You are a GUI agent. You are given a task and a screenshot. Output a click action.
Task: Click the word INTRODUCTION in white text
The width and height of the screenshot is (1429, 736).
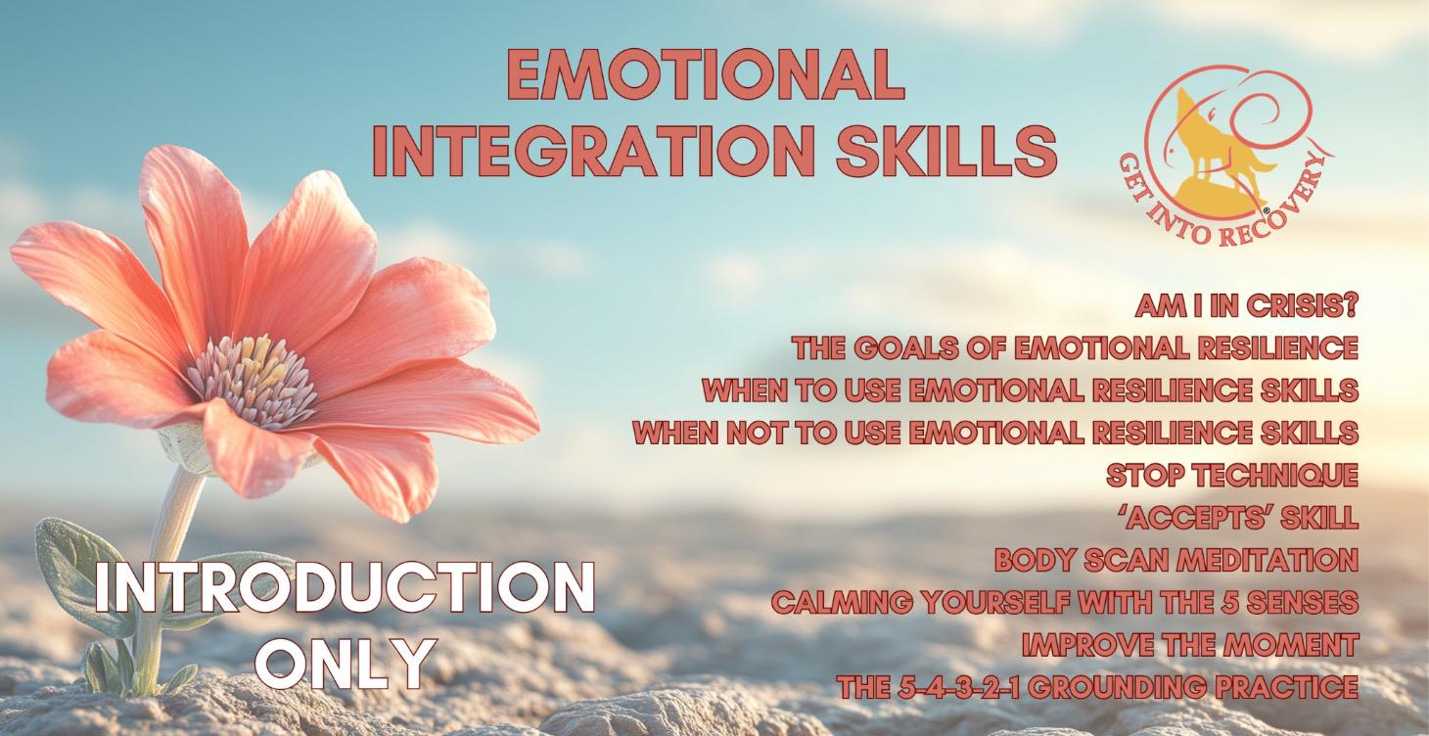344,591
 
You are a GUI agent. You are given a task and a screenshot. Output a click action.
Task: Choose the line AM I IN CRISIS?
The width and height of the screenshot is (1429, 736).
1246,307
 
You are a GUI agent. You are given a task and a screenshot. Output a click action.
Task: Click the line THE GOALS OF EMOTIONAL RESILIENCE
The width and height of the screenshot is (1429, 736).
1075,348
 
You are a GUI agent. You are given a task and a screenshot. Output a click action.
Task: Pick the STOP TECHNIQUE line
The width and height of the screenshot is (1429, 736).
1232,476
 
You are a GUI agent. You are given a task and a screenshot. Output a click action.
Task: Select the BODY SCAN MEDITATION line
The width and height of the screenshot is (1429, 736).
1175,561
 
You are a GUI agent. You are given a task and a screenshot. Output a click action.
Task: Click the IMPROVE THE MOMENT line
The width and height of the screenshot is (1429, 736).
1189,645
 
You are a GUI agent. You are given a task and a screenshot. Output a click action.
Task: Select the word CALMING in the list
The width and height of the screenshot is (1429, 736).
834,603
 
